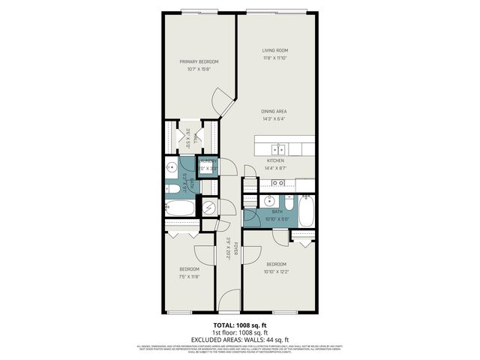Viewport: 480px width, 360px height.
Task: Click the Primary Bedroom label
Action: pyautogui.click(x=199, y=61)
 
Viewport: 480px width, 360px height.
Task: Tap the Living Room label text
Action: pyautogui.click(x=274, y=50)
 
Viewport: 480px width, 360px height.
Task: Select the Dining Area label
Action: pyautogui.click(x=274, y=112)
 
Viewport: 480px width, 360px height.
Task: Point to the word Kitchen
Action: pyautogui.click(x=275, y=160)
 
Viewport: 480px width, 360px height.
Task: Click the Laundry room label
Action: pyautogui.click(x=208, y=160)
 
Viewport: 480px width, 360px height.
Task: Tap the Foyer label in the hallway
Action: pyautogui.click(x=234, y=247)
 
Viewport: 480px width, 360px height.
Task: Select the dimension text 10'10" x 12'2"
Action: pyautogui.click(x=276, y=271)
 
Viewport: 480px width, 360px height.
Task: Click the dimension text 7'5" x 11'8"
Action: pyautogui.click(x=189, y=277)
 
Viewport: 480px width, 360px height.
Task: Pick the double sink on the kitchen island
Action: pyautogui.click(x=278, y=148)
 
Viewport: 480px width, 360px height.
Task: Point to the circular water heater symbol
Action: pyautogui.click(x=209, y=207)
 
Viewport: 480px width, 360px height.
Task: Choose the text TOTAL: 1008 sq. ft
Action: pyautogui.click(x=240, y=325)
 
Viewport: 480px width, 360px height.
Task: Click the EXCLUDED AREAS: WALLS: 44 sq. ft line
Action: pyautogui.click(x=240, y=340)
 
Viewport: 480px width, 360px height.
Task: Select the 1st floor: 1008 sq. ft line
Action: pyautogui.click(x=240, y=333)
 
